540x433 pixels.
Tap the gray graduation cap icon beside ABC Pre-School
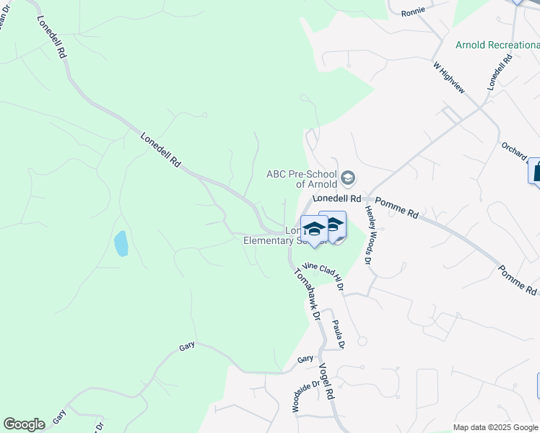pyautogui.click(x=348, y=178)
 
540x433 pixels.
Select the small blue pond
pyautogui.click(x=121, y=244)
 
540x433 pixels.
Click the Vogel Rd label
pyautogui.click(x=326, y=382)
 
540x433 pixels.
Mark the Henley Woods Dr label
pyautogui.click(x=367, y=235)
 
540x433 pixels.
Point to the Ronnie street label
pyautogui.click(x=413, y=12)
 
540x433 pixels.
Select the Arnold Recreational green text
pyautogui.click(x=497, y=45)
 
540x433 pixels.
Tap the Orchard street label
pyautogui.click(x=515, y=149)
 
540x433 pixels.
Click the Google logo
pyautogui.click(x=24, y=424)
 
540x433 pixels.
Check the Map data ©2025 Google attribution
pyautogui.click(x=495, y=427)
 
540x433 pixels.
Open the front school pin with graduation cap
pyautogui.click(x=313, y=231)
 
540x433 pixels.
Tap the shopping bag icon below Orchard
pyautogui.click(x=536, y=172)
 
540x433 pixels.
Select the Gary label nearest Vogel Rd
pyautogui.click(x=305, y=359)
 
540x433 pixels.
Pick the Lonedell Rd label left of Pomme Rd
pyautogui.click(x=336, y=198)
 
